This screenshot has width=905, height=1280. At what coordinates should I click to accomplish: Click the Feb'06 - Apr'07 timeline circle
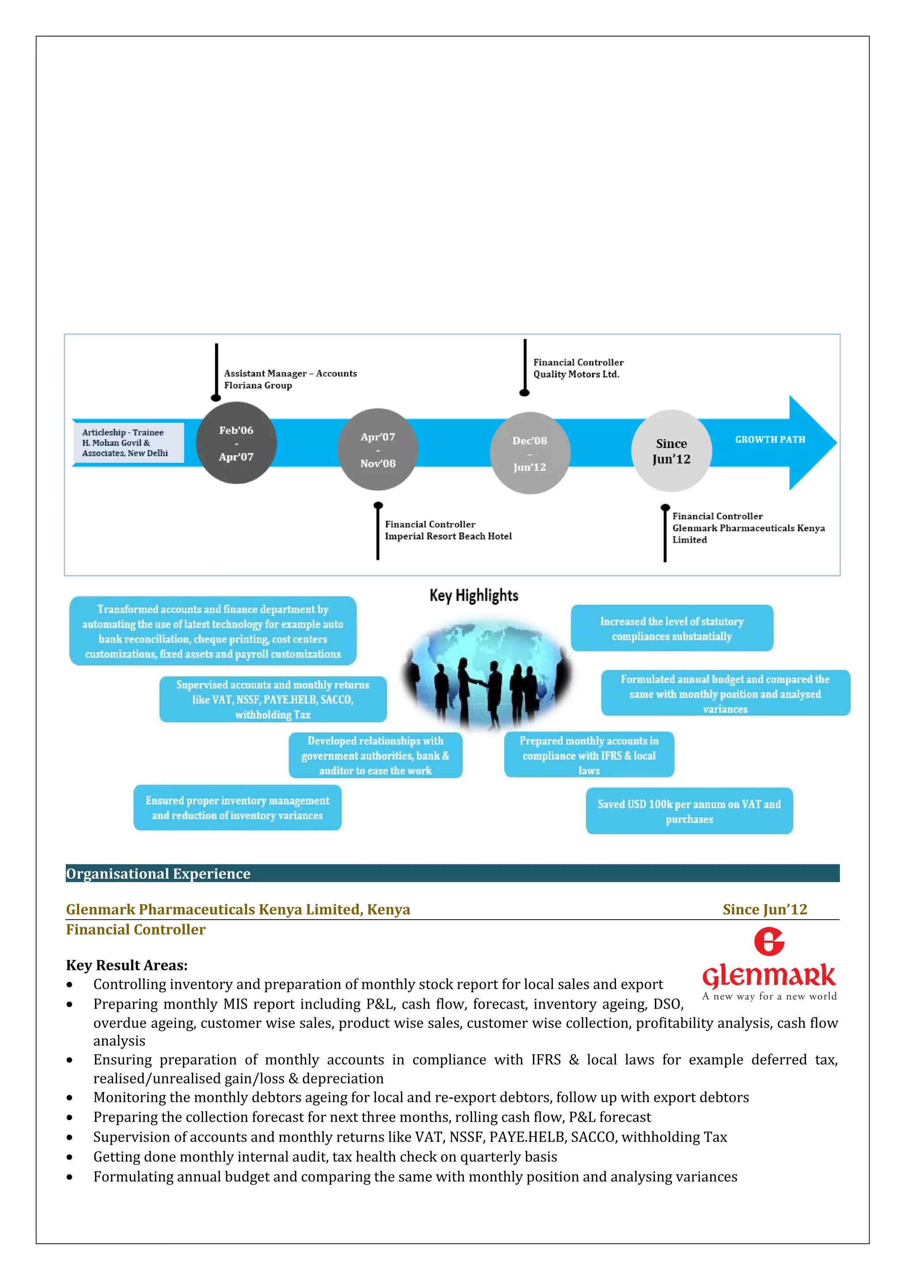point(236,443)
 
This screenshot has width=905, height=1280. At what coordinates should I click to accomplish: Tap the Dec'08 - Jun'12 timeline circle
point(530,453)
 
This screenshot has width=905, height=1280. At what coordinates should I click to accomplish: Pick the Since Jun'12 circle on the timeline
point(671,451)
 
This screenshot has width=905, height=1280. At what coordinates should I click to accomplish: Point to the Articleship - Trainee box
point(128,443)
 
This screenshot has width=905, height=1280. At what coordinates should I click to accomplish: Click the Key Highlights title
point(473,595)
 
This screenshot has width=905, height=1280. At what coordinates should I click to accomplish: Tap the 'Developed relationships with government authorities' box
point(375,755)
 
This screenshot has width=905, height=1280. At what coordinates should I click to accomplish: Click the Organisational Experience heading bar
point(452,873)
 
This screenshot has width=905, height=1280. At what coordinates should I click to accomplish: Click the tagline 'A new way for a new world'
point(769,996)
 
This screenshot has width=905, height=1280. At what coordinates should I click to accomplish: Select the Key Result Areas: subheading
point(126,965)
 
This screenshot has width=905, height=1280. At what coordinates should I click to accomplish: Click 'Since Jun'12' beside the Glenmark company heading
point(764,909)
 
